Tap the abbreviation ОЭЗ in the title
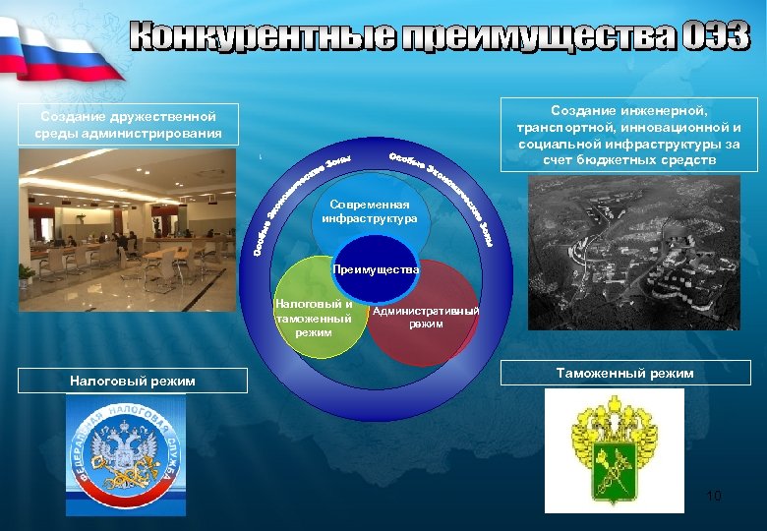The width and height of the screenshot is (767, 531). [x=714, y=36]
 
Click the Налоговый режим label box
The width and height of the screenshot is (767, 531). [x=133, y=381]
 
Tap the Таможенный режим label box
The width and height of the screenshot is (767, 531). [x=625, y=373]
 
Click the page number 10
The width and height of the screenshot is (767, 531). [x=714, y=496]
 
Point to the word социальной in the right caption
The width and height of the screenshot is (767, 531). [x=553, y=144]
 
